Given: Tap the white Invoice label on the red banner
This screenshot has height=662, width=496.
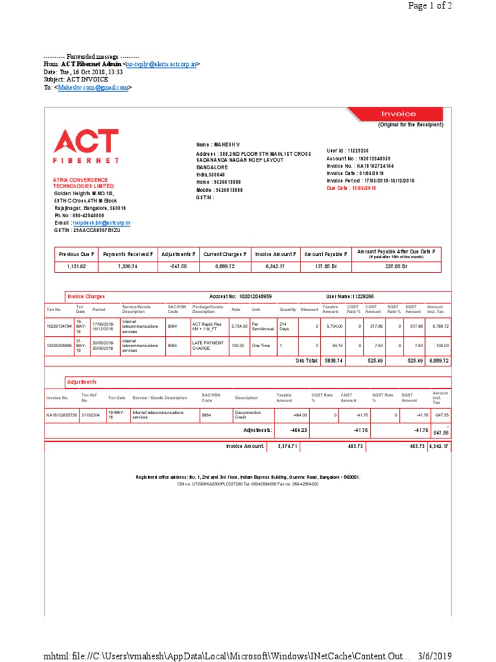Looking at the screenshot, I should [x=398, y=114].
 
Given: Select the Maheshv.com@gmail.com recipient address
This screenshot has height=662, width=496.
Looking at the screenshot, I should [x=93, y=87].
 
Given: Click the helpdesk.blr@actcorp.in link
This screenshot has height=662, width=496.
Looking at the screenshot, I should [x=101, y=222].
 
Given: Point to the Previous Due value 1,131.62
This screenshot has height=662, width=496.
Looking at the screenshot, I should [x=77, y=266].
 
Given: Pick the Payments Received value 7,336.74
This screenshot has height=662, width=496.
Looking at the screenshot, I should [x=128, y=266].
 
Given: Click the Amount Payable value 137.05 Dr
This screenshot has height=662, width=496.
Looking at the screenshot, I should [x=326, y=266].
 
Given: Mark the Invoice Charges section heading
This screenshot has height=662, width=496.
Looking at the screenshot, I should [x=86, y=297].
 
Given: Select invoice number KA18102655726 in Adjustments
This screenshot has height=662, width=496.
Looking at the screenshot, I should [x=61, y=414].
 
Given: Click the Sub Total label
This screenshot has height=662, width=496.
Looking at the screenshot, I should [x=307, y=360].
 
